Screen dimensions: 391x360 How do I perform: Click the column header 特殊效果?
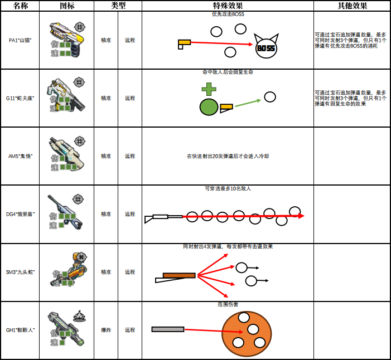click(228, 6)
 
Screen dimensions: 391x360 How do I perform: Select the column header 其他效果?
click(352, 6)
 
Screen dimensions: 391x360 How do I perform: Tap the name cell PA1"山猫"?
click(20, 40)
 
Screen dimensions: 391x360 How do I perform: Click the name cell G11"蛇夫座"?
click(20, 98)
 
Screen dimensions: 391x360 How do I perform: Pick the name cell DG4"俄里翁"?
click(20, 214)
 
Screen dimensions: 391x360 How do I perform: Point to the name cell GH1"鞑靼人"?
click(20, 330)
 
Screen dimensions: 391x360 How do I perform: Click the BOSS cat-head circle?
click(266, 47)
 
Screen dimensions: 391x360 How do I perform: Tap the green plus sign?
click(209, 89)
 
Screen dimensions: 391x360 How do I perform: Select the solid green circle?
click(209, 107)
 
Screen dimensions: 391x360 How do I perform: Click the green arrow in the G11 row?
click(248, 103)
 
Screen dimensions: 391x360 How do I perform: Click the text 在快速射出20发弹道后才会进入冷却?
click(228, 156)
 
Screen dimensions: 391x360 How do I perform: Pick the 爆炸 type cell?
click(106, 330)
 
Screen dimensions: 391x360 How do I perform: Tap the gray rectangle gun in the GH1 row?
click(168, 329)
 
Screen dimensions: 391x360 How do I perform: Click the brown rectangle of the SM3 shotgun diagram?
click(179, 275)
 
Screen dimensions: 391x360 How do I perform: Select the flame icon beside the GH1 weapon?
click(79, 316)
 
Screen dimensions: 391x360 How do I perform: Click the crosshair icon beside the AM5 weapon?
click(80, 141)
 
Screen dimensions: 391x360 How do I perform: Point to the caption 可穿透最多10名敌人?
click(228, 188)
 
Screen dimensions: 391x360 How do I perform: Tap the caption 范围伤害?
click(228, 304)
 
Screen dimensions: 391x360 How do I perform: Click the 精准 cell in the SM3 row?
click(106, 272)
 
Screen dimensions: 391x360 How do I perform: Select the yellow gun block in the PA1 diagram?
click(185, 42)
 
